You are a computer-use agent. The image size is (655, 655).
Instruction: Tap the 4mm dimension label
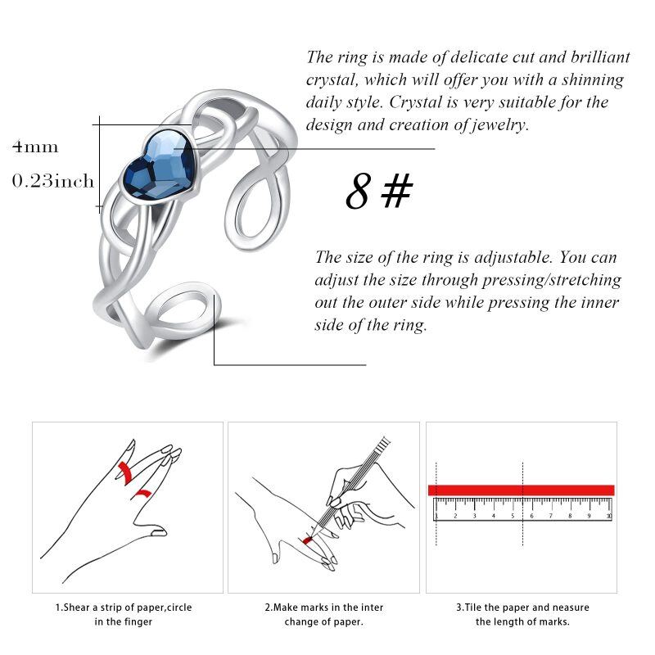pyautogui.click(x=35, y=147)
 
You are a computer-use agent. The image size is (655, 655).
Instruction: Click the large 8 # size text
pyautogui.click(x=378, y=191)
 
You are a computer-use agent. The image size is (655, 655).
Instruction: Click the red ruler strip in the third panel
pyautogui.click(x=521, y=490)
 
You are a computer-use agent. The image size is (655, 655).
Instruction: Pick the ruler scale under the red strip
pyautogui.click(x=522, y=508)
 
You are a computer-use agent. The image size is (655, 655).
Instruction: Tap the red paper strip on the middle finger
pyautogui.click(x=125, y=471)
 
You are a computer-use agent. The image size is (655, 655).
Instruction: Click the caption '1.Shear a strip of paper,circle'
pyautogui.click(x=124, y=608)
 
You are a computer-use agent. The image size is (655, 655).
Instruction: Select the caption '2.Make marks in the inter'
pyautogui.click(x=323, y=608)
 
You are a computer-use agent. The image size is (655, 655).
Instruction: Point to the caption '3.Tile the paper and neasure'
pyautogui.click(x=522, y=608)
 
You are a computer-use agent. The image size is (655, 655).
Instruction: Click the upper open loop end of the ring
pyautogui.click(x=260, y=200)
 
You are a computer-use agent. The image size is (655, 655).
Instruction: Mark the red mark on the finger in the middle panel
pyautogui.click(x=309, y=540)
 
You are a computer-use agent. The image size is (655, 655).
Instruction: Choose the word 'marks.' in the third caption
pyautogui.click(x=553, y=622)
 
